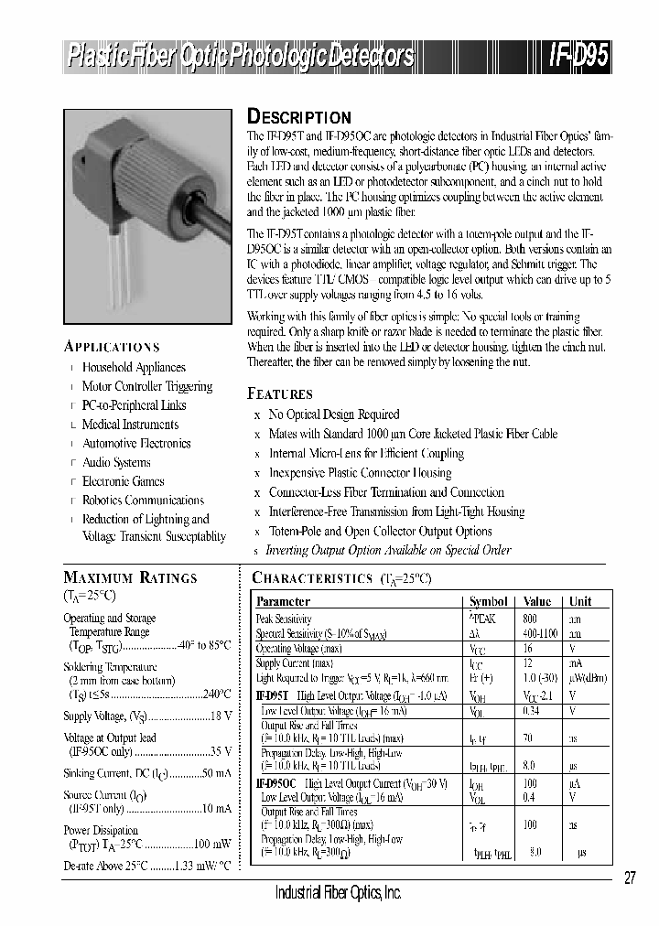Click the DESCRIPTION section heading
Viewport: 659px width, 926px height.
299,117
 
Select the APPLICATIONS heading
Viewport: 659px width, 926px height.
112,347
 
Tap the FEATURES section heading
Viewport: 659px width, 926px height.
280,394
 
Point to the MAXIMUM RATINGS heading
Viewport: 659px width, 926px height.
129,577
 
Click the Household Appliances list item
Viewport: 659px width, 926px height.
134,367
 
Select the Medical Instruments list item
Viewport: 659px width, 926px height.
130,425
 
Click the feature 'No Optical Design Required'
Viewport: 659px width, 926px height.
333,415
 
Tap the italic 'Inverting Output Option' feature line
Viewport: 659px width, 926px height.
387,550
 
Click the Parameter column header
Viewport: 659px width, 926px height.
283,601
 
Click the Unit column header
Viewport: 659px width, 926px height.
580,601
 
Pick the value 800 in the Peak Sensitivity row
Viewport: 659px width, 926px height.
531,619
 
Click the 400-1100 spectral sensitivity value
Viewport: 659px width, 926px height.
536,632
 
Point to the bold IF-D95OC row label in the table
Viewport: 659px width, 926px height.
276,783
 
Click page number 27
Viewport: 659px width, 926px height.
630,878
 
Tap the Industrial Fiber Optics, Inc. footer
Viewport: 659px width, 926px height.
338,892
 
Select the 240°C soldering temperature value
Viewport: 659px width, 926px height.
216,694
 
